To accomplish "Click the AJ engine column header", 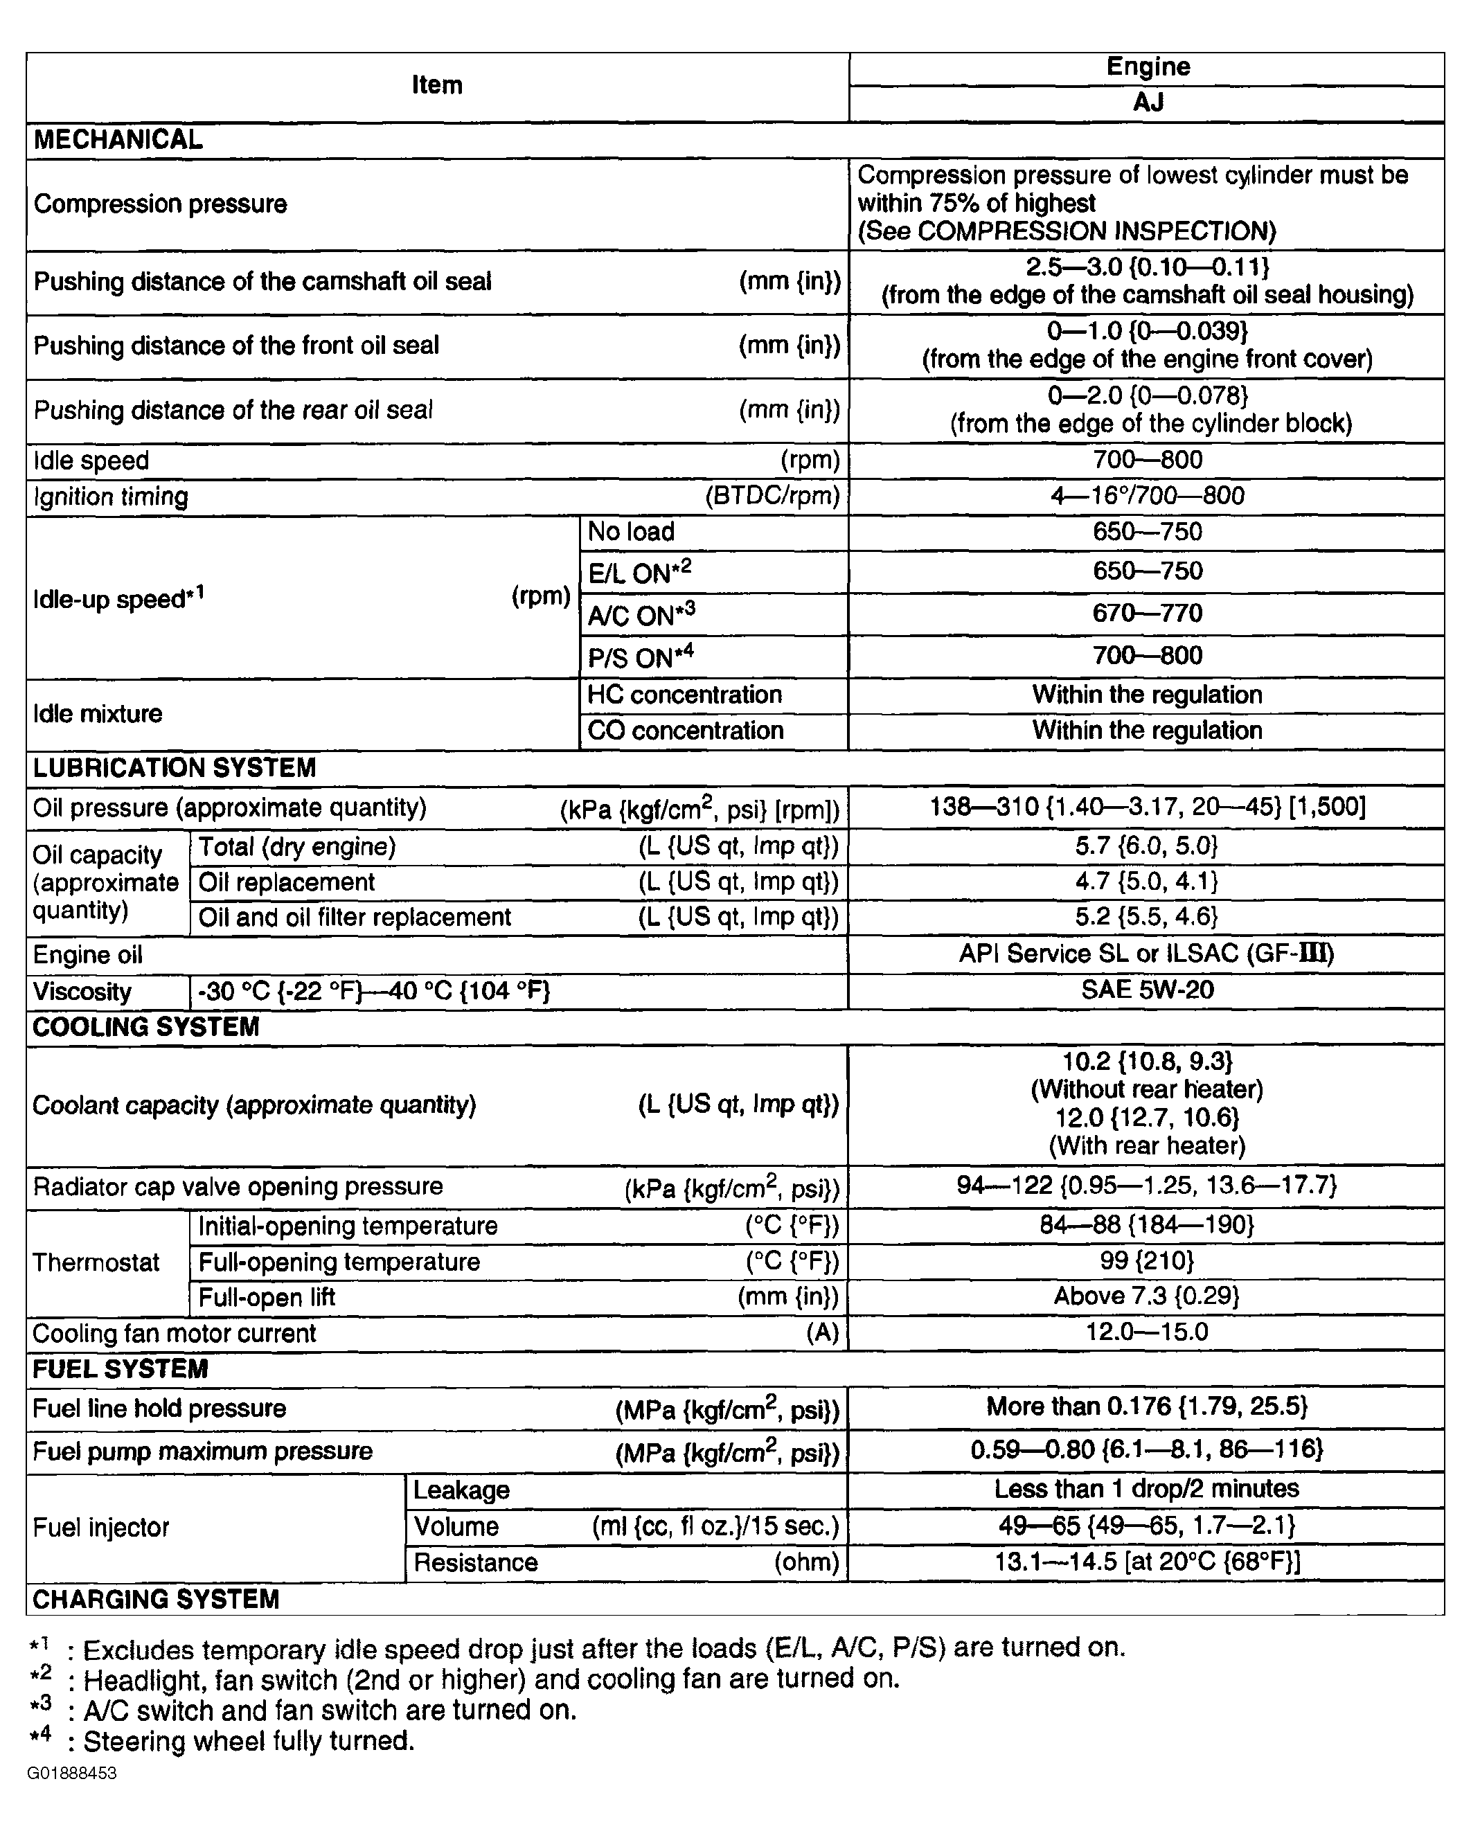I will pyautogui.click(x=1147, y=102).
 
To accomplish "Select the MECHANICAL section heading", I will pyautogui.click(x=118, y=140).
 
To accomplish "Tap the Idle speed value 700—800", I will pyautogui.click(x=1147, y=461).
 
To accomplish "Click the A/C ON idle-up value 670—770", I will pyautogui.click(x=1147, y=613).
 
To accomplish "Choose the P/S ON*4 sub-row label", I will pyautogui.click(x=641, y=657).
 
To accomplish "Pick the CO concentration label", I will pyautogui.click(x=686, y=731).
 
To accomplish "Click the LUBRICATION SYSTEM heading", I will pyautogui.click(x=174, y=768).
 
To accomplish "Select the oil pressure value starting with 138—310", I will pyautogui.click(x=1147, y=806).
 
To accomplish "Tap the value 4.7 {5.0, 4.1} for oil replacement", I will pyautogui.click(x=1147, y=882).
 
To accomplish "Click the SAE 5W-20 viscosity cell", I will pyautogui.click(x=1147, y=990).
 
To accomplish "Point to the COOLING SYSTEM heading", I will pyautogui.click(x=146, y=1028).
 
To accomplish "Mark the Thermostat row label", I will pyautogui.click(x=96, y=1263).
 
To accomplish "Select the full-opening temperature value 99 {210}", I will pyautogui.click(x=1147, y=1260).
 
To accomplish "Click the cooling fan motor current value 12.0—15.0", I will pyautogui.click(x=1147, y=1332).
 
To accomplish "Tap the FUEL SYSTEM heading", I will pyautogui.click(x=120, y=1369).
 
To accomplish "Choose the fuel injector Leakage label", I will pyautogui.click(x=461, y=1490).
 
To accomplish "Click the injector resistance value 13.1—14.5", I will pyautogui.click(x=1147, y=1561).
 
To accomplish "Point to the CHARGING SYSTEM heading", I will pyautogui.click(x=155, y=1599).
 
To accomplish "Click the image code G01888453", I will pyautogui.click(x=71, y=1774).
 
